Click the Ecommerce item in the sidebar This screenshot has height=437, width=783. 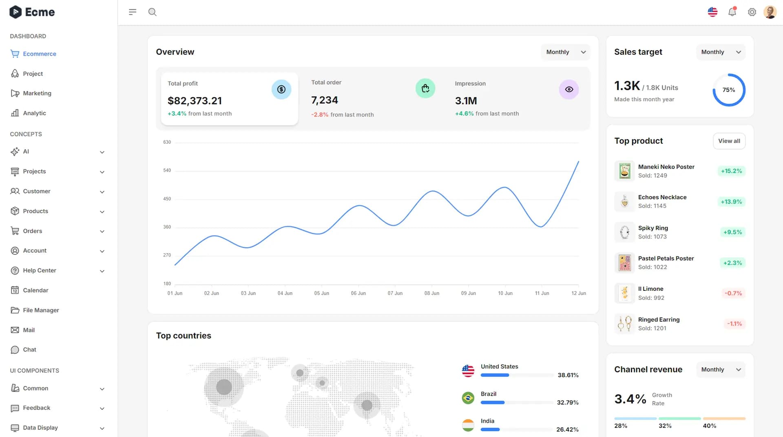pos(39,54)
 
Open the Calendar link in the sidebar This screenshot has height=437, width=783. pos(35,290)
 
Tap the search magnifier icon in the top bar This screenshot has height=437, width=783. pos(153,12)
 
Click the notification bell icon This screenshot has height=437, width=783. pos(732,12)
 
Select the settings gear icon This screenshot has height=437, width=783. pos(752,12)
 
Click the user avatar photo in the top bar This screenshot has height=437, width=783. pos(770,12)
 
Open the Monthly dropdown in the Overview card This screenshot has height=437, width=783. pos(565,52)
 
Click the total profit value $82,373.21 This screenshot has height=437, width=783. pos(195,101)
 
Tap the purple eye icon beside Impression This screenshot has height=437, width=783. pos(568,89)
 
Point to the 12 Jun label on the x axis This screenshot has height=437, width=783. pos(578,293)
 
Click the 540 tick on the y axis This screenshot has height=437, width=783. pos(167,170)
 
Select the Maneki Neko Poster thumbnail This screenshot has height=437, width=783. pos(624,171)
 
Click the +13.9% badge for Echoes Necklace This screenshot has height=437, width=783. pos(731,202)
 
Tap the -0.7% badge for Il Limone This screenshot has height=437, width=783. pos(733,293)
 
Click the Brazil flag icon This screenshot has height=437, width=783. pos(468,398)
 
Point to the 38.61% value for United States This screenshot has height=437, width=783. pos(568,375)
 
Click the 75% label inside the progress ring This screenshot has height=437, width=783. pos(728,90)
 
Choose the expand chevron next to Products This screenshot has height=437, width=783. pos(102,212)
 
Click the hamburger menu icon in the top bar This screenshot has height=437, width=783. pos(133,12)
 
